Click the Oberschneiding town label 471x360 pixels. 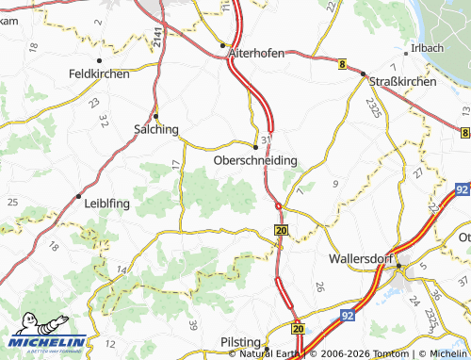pyautogui.click(x=255, y=161)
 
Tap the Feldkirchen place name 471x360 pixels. pyautogui.click(x=99, y=74)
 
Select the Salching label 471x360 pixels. pyautogui.click(x=155, y=130)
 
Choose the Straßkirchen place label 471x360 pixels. pyautogui.click(x=402, y=82)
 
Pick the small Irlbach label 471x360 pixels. pyautogui.click(x=422, y=48)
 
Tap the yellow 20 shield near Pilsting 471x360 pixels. pyautogui.click(x=298, y=328)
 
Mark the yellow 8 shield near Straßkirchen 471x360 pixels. pyautogui.click(x=341, y=63)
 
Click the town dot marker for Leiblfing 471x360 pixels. pyautogui.click(x=78, y=196)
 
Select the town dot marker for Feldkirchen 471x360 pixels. pyautogui.click(x=99, y=61)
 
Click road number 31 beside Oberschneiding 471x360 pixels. pyautogui.click(x=266, y=139)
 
